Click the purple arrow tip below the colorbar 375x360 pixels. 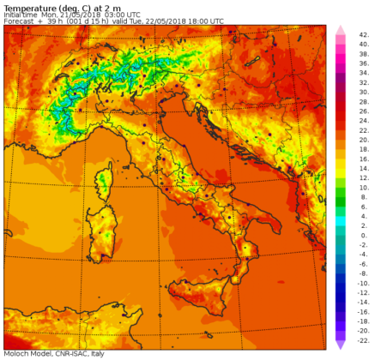340,345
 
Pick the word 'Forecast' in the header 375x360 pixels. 19,21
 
